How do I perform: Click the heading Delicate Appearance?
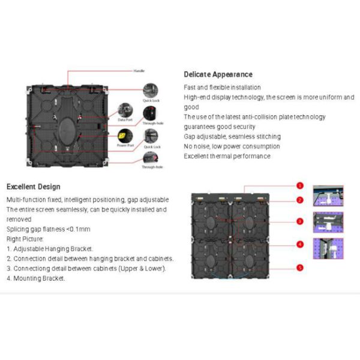point(218,74)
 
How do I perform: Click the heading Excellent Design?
point(33,187)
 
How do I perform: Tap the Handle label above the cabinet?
point(139,71)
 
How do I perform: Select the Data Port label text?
point(125,120)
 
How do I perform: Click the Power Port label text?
point(125,145)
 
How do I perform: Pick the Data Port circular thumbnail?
point(125,110)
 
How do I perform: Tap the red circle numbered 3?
point(300,221)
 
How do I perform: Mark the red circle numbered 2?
point(300,200)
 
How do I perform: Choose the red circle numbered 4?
point(300,244)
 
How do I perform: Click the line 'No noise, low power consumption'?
point(223,146)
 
